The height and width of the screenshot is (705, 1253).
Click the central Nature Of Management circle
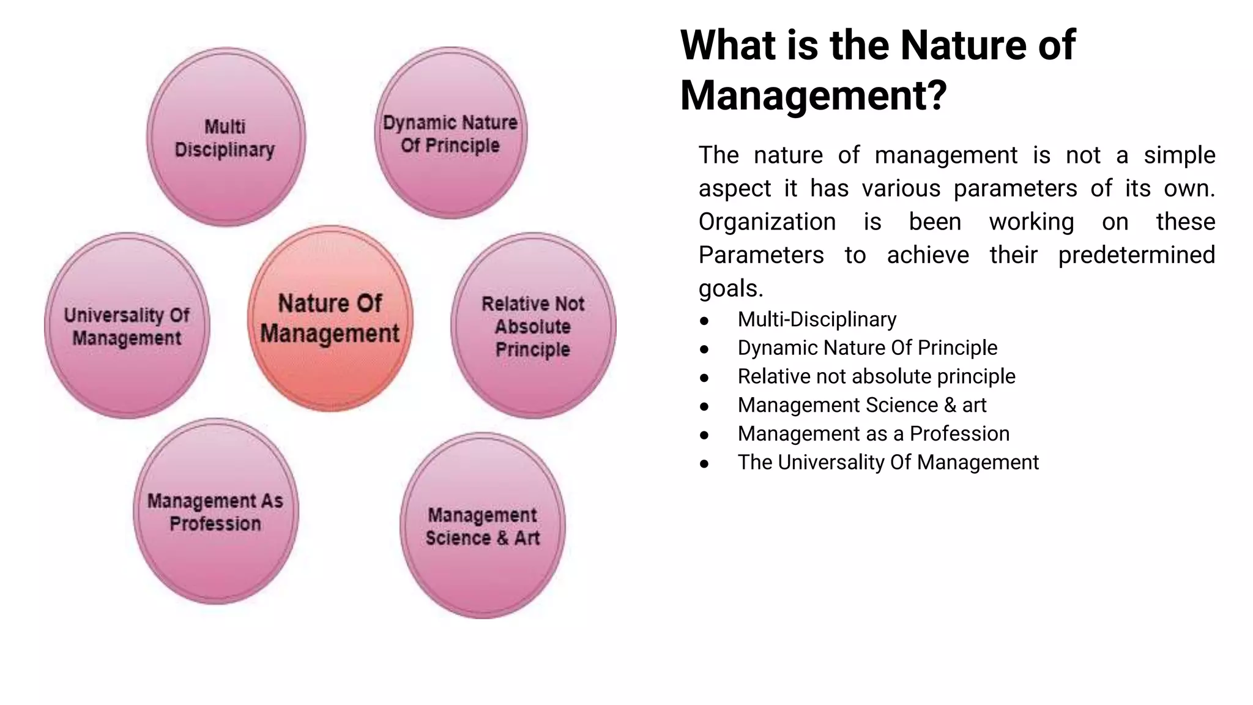point(330,318)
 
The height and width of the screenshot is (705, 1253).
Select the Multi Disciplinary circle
point(226,137)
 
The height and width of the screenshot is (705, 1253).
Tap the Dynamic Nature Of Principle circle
point(450,133)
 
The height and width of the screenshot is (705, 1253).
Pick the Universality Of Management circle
point(127,326)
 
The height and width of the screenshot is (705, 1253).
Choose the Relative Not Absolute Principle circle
point(534,326)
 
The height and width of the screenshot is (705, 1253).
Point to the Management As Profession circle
point(216,512)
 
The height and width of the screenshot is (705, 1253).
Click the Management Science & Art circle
point(483,526)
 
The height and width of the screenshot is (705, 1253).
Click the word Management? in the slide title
point(813,95)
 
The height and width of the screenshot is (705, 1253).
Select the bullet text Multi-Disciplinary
point(817,319)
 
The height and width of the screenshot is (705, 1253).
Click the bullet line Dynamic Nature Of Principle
point(867,348)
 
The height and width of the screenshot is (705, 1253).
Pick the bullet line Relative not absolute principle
point(876,376)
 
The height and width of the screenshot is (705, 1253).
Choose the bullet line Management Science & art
point(861,405)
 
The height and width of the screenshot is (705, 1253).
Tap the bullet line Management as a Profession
point(873,434)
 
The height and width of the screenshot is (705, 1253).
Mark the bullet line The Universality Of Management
point(888,463)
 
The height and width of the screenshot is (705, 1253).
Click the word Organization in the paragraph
point(767,222)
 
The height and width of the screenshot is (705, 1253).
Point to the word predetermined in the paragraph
point(1136,255)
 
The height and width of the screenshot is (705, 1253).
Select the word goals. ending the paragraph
point(731,288)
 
